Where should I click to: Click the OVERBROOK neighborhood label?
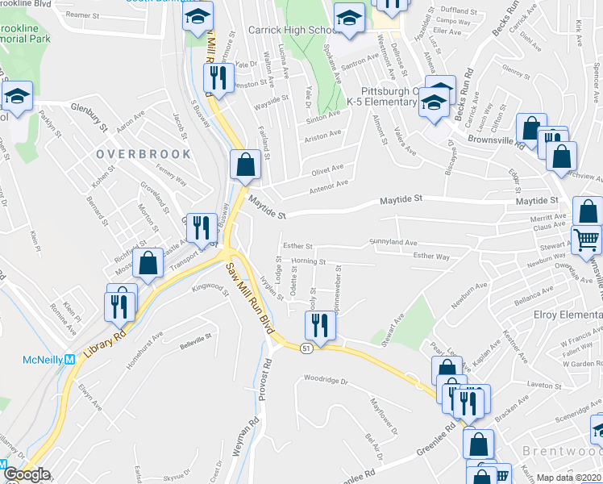pos(143,153)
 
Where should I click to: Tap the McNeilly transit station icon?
pos(69,360)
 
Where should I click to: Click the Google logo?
pos(27,474)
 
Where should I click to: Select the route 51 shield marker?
pos(306,348)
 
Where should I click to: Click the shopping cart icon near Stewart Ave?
pos(586,238)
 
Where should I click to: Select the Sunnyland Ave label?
pos(393,241)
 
